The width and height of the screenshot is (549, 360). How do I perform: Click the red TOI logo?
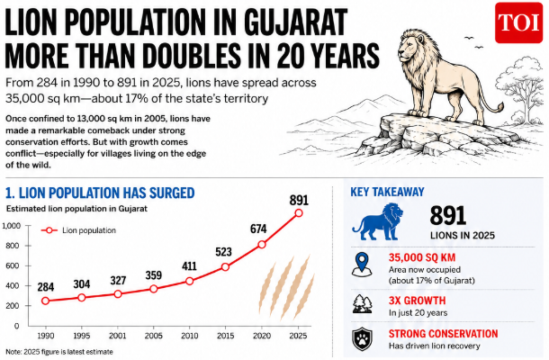518,22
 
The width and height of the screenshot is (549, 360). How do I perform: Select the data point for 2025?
298,213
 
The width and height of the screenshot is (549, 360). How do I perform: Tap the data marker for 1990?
45,301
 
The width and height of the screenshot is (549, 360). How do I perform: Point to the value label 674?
258,229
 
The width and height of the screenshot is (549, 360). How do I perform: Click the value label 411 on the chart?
189,266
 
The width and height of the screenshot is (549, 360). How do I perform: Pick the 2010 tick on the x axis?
189,336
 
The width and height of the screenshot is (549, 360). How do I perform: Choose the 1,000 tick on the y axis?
11,226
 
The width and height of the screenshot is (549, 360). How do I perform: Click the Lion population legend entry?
78,230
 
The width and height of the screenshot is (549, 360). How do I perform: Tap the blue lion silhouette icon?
377,221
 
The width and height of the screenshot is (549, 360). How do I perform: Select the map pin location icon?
362,265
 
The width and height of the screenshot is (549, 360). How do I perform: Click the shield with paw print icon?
363,339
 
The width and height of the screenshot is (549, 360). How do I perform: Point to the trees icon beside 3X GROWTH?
363,303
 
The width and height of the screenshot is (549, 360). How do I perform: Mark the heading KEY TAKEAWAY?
387,192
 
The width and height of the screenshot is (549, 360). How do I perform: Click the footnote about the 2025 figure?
59,352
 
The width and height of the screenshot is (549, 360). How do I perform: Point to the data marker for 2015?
225,267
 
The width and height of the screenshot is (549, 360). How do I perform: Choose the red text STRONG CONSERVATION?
444,334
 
